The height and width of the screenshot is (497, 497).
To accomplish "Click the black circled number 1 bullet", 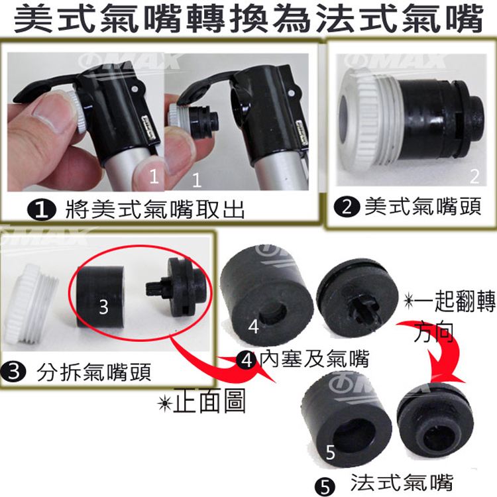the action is click(x=41, y=210).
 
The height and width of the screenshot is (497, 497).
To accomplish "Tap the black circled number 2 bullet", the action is click(x=347, y=207).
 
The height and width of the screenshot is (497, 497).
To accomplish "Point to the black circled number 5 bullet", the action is click(x=325, y=486).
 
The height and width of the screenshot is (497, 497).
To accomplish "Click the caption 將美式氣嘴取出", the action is click(x=155, y=209).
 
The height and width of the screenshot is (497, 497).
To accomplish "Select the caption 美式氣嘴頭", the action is click(x=423, y=207).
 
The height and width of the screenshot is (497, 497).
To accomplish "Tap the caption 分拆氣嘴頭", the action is click(x=94, y=372).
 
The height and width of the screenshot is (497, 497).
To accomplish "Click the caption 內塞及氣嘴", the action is click(x=315, y=359).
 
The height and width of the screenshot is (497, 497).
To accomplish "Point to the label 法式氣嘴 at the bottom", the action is click(x=402, y=482).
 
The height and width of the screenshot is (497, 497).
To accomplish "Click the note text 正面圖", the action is click(x=209, y=402).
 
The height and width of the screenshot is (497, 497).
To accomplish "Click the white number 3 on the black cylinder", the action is click(x=103, y=307).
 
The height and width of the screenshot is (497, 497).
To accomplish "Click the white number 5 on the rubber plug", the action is click(x=330, y=452).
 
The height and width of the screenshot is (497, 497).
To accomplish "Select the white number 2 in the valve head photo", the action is click(x=474, y=176).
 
